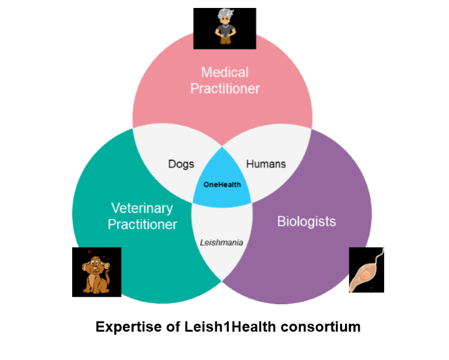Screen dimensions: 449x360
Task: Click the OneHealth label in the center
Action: tap(222, 184)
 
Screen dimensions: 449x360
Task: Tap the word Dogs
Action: tap(181, 164)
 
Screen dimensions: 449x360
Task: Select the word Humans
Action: tap(265, 164)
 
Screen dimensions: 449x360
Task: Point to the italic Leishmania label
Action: tap(221, 242)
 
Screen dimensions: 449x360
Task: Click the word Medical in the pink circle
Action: tap(224, 72)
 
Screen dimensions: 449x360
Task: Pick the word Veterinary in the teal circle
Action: tap(142, 208)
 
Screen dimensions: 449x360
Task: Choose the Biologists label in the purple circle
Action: tap(306, 222)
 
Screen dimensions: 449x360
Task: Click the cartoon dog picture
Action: tap(97, 272)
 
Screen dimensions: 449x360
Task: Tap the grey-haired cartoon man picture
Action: tap(224, 29)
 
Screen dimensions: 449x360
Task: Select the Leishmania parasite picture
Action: tap(366, 270)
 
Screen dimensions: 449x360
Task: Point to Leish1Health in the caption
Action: tap(230, 327)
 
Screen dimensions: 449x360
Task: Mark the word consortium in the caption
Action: tap(321, 327)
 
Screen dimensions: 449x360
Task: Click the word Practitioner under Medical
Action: tap(225, 89)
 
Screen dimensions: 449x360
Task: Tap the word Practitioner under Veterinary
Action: tap(143, 225)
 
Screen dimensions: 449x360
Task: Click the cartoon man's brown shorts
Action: tap(226, 40)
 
